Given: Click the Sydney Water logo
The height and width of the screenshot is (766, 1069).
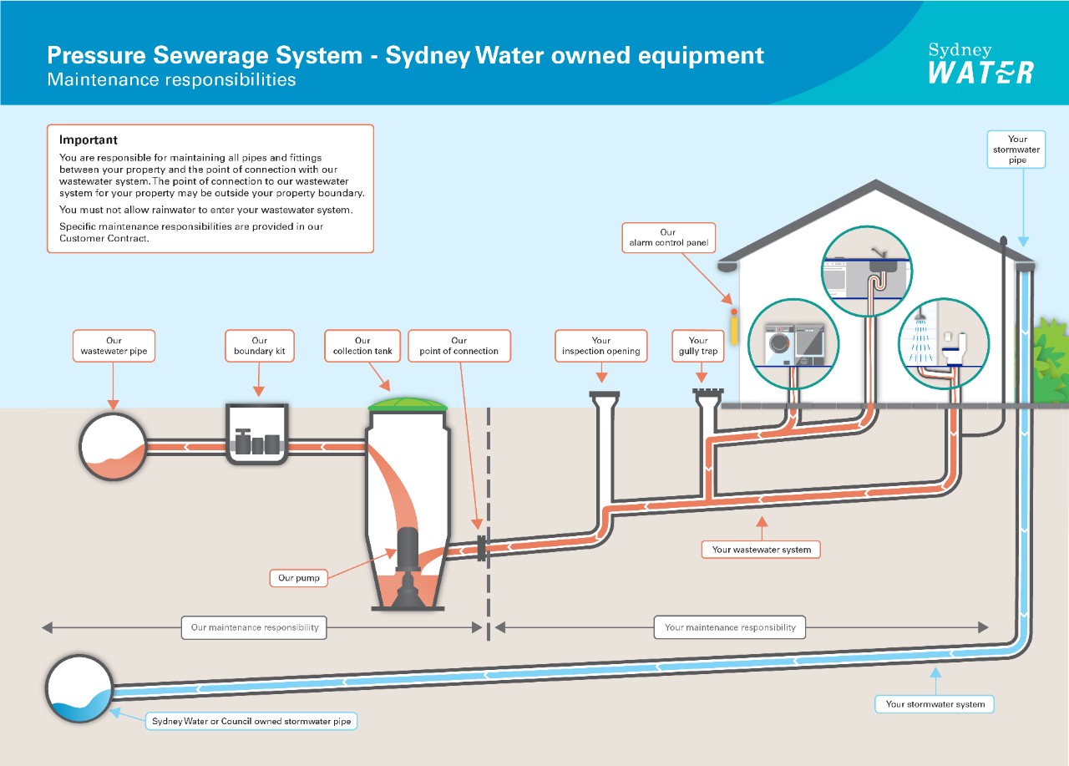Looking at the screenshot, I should point(980,63).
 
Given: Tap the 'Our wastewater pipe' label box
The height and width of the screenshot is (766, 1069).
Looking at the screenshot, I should point(114,346).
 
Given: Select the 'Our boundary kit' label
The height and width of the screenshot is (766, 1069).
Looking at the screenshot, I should point(259,346).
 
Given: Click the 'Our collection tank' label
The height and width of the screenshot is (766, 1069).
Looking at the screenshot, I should point(362,346).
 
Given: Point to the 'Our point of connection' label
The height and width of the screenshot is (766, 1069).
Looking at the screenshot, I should point(459,346).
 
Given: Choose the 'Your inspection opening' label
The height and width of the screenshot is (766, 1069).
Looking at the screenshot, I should point(600,346).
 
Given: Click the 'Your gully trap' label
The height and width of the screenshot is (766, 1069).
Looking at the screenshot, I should point(698,346).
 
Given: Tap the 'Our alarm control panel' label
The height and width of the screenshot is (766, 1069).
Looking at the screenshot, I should point(667,238).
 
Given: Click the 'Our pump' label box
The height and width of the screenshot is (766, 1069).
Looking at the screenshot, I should point(298,577).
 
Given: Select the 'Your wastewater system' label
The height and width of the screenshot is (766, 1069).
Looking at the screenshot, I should point(761,550).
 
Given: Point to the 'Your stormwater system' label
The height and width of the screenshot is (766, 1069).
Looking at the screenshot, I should point(935,704).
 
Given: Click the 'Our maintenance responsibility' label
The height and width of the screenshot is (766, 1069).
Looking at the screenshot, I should point(254,627).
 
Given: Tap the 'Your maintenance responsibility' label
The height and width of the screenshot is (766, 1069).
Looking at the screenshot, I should point(730,627).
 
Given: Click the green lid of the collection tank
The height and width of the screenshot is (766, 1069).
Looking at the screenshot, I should point(408,403).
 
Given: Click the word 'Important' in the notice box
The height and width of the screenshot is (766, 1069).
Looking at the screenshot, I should point(89,140).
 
